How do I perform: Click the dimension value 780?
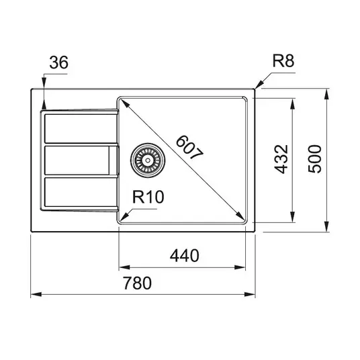coord(137,283)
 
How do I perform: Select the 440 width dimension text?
coord(184,255)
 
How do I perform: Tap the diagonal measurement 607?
coord(189,148)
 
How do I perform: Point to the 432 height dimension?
coord(281,159)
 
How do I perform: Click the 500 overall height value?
coord(314,159)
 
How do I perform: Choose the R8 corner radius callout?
coord(283,61)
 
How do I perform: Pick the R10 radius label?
coord(148,197)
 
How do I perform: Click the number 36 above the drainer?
coord(59,62)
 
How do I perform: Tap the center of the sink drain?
coord(148,160)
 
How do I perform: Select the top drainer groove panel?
coord(81,128)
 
